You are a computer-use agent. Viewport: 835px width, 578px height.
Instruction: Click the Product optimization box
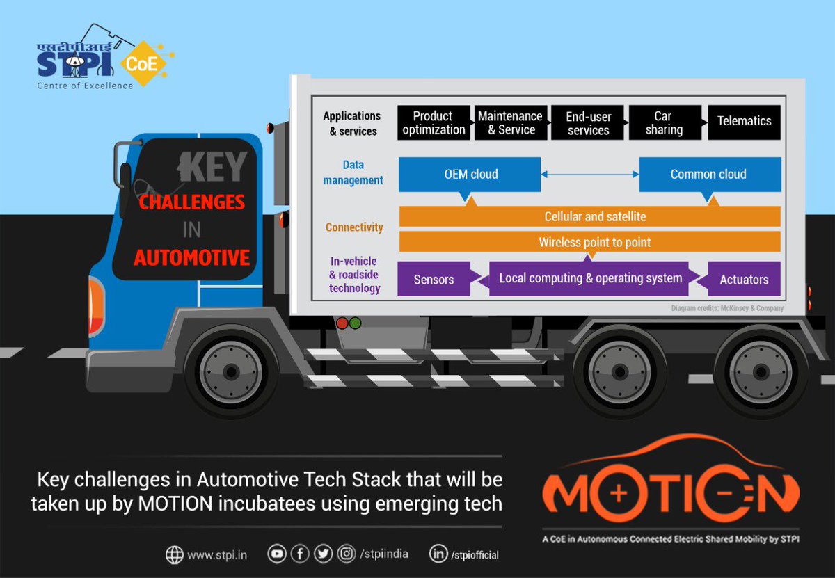click(x=434, y=123)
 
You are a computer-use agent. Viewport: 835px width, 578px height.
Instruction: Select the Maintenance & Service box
click(x=510, y=123)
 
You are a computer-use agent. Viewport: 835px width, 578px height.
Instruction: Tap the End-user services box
click(x=588, y=123)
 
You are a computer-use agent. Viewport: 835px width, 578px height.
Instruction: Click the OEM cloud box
click(x=470, y=175)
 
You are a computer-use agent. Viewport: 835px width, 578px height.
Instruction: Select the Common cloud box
click(x=708, y=175)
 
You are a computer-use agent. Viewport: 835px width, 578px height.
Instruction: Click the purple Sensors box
click(x=434, y=280)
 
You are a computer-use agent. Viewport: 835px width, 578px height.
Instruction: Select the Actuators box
click(x=744, y=280)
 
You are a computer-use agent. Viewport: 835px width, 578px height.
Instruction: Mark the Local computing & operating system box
click(x=590, y=279)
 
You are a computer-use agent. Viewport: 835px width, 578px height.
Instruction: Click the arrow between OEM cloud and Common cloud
click(x=590, y=175)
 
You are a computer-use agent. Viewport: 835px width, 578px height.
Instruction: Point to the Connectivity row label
click(x=354, y=227)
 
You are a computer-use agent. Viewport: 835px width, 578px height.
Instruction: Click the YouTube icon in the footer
click(x=278, y=554)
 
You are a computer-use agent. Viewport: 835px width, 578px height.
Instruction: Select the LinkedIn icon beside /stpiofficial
click(x=438, y=554)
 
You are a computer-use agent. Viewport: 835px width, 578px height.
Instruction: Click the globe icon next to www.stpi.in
click(x=175, y=554)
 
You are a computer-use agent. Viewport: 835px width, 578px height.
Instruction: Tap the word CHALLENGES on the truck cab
click(x=191, y=202)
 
